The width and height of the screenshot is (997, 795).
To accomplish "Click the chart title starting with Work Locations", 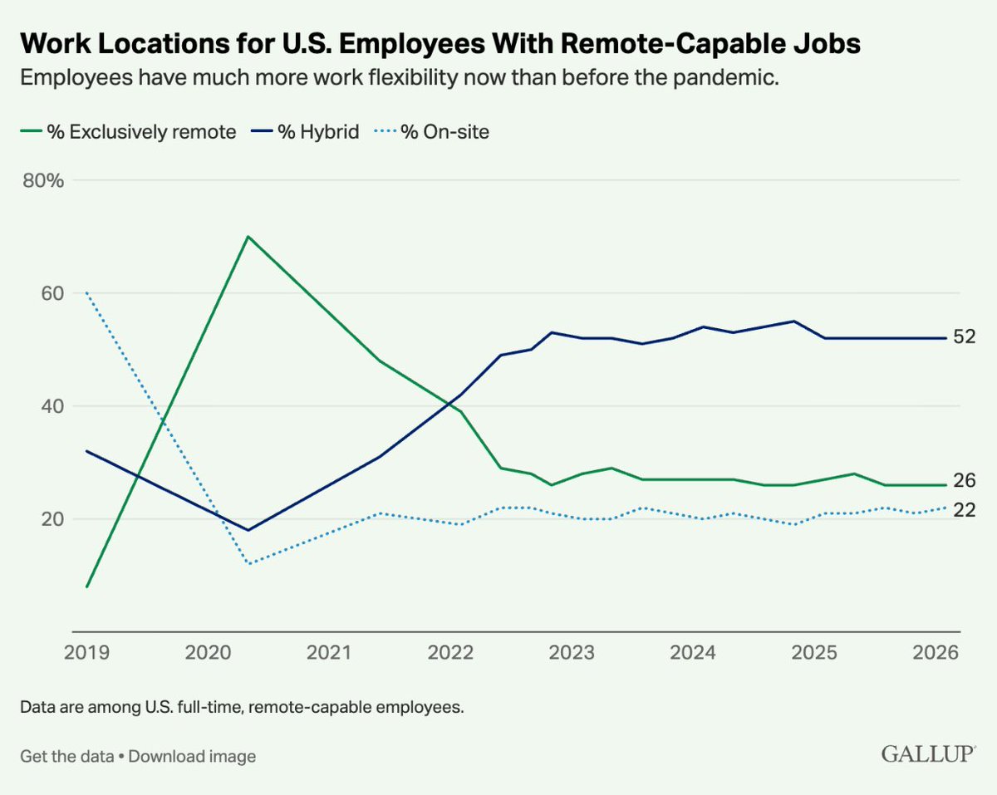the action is tap(440, 43).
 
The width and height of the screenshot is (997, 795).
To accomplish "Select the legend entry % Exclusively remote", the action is tap(128, 132).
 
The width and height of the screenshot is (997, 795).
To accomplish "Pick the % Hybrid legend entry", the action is tap(305, 132).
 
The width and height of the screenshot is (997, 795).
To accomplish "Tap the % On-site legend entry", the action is tap(431, 132).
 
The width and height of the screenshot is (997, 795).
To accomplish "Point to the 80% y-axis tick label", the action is tap(43, 180).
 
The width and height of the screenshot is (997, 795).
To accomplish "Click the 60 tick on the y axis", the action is tap(52, 293).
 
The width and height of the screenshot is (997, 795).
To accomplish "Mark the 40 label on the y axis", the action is tap(52, 406).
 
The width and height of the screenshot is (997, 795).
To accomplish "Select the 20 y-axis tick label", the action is tap(52, 519).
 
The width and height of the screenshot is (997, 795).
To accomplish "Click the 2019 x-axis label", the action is tap(86, 652).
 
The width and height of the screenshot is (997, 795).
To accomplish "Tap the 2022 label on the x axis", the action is tap(450, 652).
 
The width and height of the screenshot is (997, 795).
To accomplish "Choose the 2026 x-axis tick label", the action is tap(936, 652).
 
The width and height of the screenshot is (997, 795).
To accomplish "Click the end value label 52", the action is tap(964, 336).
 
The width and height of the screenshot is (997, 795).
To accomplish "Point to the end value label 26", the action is tap(964, 481).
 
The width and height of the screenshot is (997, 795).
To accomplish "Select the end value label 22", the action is tap(964, 510).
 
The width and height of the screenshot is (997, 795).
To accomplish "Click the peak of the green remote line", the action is tap(248, 237).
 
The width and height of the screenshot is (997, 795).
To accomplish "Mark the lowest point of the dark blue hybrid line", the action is tap(248, 530).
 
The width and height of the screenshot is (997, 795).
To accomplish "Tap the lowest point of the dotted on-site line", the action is tap(249, 564).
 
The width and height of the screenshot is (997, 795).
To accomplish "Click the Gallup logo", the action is tap(928, 754).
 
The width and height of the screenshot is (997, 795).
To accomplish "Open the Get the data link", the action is tap(67, 757).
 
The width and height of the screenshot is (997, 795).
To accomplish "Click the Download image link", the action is tap(192, 757).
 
